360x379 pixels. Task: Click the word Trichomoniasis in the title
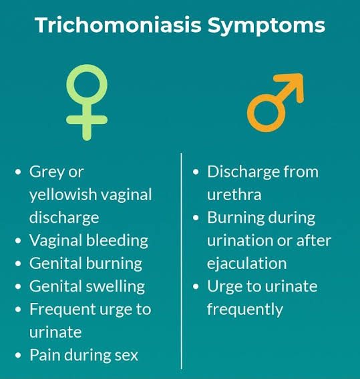tap(118, 25)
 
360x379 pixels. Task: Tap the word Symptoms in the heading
tap(266, 26)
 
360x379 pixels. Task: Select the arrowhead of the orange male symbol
tap(291, 85)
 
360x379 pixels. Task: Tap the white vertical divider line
tap(181, 261)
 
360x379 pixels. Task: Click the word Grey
tap(47, 173)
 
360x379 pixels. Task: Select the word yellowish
tap(63, 195)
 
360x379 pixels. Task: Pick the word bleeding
tap(117, 242)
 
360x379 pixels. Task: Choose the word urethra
tap(234, 194)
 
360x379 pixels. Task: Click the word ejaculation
tap(246, 264)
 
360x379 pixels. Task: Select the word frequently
tap(245, 310)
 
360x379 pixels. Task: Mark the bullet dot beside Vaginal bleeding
tap(18, 241)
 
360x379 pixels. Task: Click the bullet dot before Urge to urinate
tap(196, 287)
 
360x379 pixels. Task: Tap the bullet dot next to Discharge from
tap(196, 172)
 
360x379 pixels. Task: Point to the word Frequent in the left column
tap(63, 310)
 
